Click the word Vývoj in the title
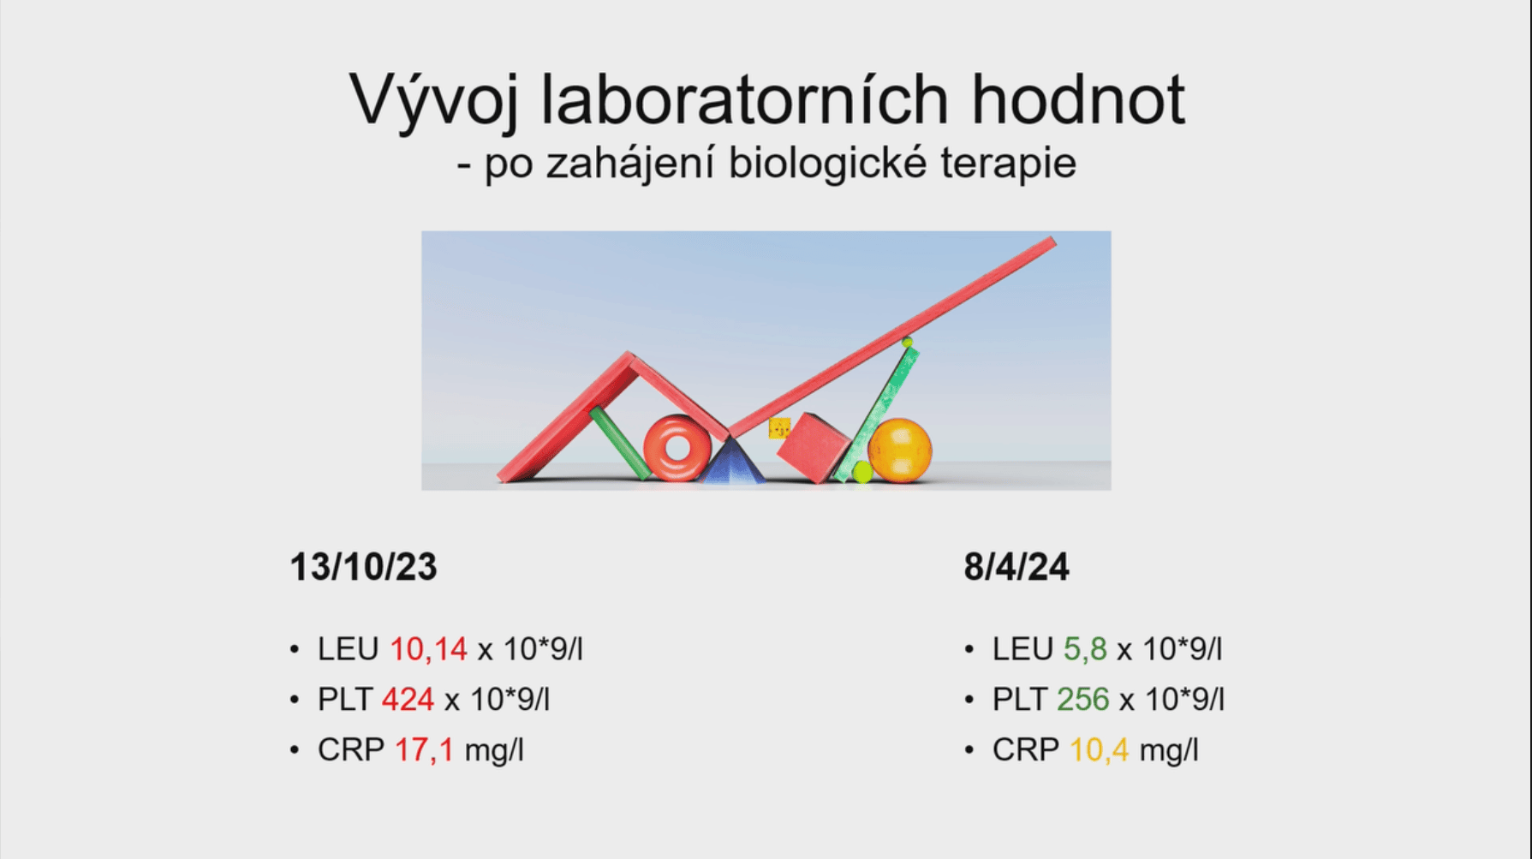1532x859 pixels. pos(433,101)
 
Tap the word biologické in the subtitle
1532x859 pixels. pos(827,163)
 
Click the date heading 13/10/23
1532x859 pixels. pos(363,567)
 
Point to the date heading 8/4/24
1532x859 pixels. pos(1016,567)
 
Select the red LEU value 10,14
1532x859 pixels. pos(428,649)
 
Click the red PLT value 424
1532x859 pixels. pos(408,700)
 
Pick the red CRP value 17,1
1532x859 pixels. pos(424,750)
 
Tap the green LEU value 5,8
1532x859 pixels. pos(1085,649)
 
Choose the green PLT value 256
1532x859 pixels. pos(1083,700)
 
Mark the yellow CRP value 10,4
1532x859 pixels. pos(1099,750)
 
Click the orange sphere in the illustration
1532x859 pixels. pos(899,450)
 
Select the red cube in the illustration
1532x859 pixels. pos(812,448)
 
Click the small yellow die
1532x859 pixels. pos(779,428)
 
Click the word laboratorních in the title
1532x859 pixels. pos(745,99)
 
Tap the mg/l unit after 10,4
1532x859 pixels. pos(1169,750)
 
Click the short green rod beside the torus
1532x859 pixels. pos(620,443)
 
